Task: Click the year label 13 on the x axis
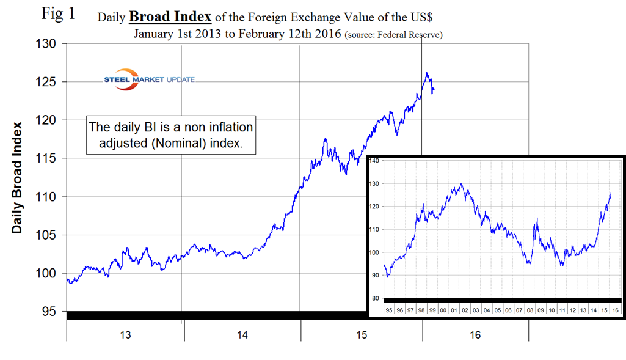tap(125, 335)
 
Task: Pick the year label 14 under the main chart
tap(242, 335)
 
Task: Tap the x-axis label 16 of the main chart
tap(475, 335)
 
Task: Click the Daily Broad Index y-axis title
tap(18, 177)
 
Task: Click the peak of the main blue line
tap(427, 73)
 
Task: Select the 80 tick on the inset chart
tap(375, 298)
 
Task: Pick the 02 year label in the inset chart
tap(465, 310)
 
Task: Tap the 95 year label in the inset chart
tap(388, 310)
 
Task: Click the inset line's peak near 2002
tap(462, 184)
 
